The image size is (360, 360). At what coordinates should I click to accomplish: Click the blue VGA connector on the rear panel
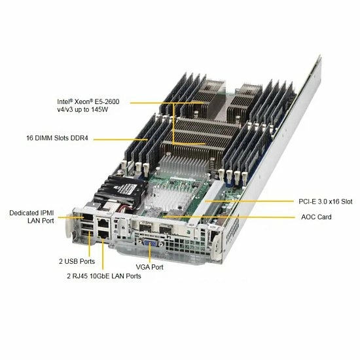[150, 242]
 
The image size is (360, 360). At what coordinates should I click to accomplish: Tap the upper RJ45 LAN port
[103, 223]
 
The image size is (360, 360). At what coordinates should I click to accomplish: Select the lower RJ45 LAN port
[103, 234]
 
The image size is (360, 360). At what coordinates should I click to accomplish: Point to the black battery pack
[120, 190]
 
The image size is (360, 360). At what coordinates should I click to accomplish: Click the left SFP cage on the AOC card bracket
[145, 227]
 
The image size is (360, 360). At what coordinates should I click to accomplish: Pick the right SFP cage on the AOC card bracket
[166, 230]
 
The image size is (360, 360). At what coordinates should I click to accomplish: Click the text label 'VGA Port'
[149, 267]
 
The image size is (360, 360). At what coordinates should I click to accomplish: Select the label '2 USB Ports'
[77, 261]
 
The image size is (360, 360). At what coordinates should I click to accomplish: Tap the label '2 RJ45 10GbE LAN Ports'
[104, 276]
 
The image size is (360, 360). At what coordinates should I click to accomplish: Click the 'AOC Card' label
[316, 217]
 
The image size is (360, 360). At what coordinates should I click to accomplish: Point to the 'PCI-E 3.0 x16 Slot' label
[325, 202]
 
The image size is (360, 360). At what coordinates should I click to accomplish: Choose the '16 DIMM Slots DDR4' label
[57, 138]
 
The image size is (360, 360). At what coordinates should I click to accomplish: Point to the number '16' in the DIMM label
[30, 138]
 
